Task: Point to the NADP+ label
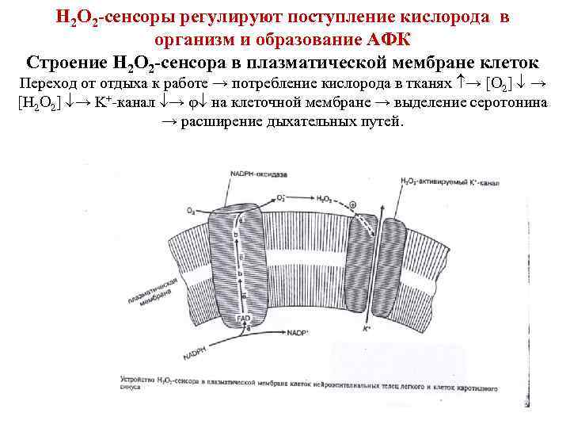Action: (x=298, y=331)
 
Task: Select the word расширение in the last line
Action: (x=221, y=123)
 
